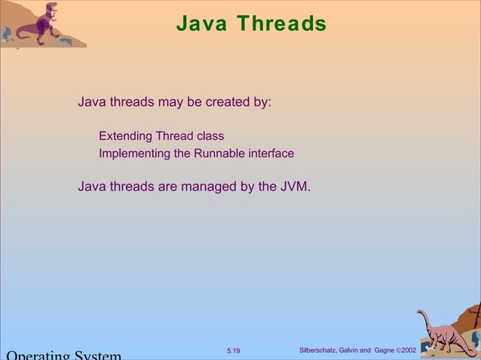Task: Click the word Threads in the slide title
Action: (280, 24)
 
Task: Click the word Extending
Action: (125, 136)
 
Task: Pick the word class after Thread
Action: (210, 136)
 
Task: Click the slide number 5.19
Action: (233, 351)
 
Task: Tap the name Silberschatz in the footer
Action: (322, 351)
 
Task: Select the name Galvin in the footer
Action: (360, 351)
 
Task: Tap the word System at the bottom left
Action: (97, 355)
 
